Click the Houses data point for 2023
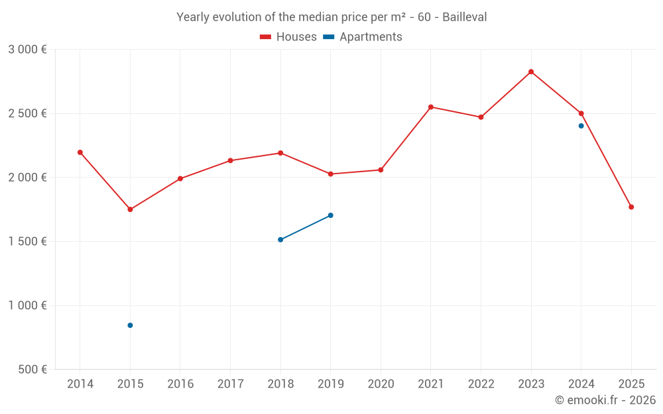point(531,72)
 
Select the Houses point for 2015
point(130,209)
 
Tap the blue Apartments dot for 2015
point(130,325)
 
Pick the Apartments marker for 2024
point(581,126)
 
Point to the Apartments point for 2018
point(280,240)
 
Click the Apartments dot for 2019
point(330,215)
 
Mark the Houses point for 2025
point(631,207)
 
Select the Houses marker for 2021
point(431,107)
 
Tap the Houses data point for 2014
point(80,152)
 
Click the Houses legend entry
point(288,37)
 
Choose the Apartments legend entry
point(363,37)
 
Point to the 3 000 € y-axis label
point(27,50)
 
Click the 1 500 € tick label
point(27,242)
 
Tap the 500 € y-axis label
point(32,370)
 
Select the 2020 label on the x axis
point(381,384)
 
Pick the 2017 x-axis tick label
point(230,384)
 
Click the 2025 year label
point(631,384)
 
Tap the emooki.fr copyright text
point(605,400)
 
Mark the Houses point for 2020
point(381,170)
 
